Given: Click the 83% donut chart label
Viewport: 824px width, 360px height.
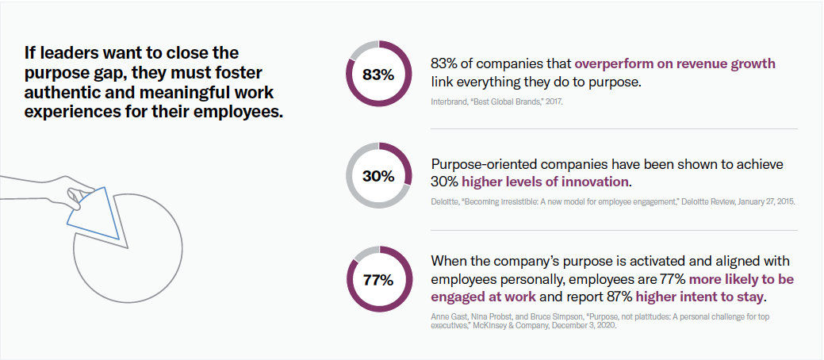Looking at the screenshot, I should [378, 75].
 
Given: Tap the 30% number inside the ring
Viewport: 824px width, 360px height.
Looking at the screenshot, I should [378, 176].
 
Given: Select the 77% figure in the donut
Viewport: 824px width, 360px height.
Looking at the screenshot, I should [378, 280].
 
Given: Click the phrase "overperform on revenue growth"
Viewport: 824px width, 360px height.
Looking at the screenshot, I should [675, 63].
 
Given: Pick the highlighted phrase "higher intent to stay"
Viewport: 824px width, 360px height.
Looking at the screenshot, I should [700, 297].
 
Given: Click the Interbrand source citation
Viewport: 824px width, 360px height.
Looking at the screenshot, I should [497, 103].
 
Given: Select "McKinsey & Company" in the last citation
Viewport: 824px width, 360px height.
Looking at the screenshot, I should [537, 325].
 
